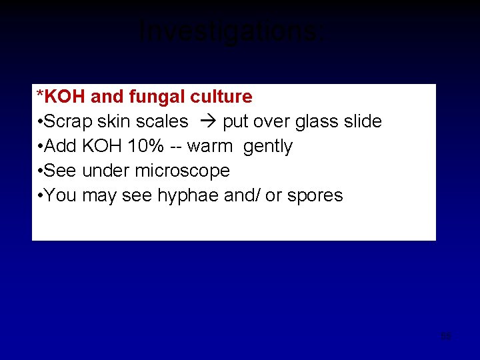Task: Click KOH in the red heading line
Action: click(x=65, y=97)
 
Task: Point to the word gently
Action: click(x=268, y=147)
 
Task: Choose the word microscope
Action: click(x=182, y=171)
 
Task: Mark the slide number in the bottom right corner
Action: click(x=446, y=336)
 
